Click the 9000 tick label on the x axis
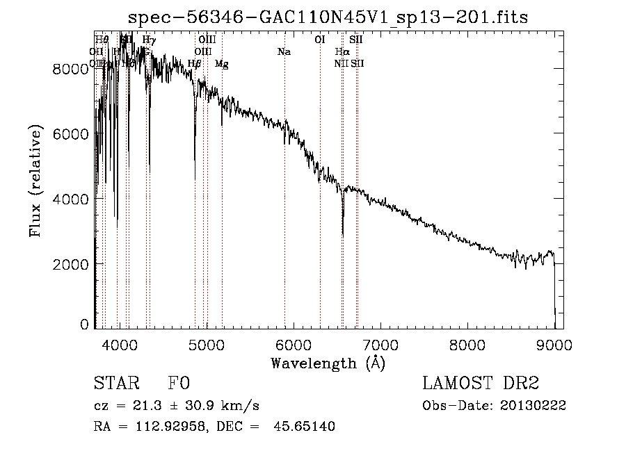[x=554, y=344]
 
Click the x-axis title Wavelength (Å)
[x=328, y=363]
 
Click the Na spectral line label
[x=284, y=52]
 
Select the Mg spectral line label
[x=221, y=64]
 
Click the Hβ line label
[x=195, y=64]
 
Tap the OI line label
[x=320, y=40]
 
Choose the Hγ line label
[x=148, y=40]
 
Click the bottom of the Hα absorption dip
[x=343, y=235]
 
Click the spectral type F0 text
[x=179, y=384]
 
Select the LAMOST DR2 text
[x=480, y=384]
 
